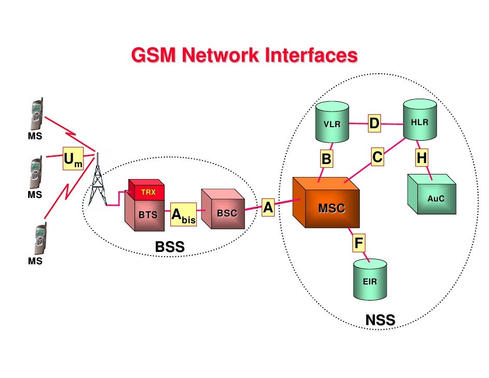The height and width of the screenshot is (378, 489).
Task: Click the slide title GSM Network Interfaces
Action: click(x=244, y=55)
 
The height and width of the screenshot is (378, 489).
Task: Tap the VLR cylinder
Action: click(x=332, y=123)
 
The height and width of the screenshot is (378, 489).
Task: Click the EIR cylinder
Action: click(x=370, y=280)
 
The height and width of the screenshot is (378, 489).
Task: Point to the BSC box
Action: click(x=224, y=210)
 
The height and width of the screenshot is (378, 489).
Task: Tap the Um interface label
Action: click(x=73, y=160)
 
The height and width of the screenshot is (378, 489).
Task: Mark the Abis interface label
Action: click(x=183, y=215)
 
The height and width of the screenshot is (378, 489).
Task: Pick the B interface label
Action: click(x=326, y=159)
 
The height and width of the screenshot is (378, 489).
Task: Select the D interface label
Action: click(x=374, y=124)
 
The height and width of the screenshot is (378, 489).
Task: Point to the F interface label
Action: click(x=359, y=242)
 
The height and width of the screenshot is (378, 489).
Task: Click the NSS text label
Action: click(x=380, y=319)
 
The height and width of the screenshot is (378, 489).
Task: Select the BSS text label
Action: click(x=170, y=247)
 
